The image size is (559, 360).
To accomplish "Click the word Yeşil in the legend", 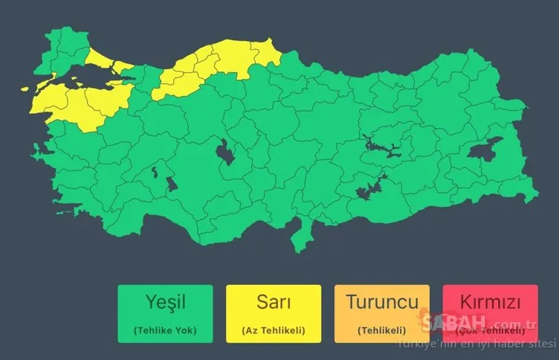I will [x=164, y=303].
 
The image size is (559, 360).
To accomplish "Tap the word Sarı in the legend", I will [x=274, y=303].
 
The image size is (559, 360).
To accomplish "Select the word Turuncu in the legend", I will [x=382, y=303].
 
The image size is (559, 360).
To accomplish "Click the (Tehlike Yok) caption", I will [x=164, y=330].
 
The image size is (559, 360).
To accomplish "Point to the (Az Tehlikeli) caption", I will [x=274, y=330].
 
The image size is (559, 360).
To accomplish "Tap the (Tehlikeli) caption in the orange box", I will [x=382, y=330].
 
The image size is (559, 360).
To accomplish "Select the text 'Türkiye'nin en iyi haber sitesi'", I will [x=476, y=344].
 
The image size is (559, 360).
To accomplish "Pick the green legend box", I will [x=164, y=314].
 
